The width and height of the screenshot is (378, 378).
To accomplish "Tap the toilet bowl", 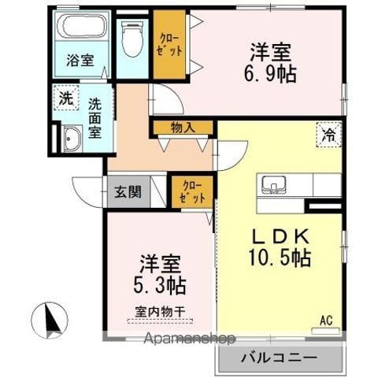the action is click(x=132, y=39).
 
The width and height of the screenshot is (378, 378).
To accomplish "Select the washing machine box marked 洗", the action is click(x=65, y=98).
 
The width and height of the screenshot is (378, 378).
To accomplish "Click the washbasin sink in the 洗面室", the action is click(x=72, y=139).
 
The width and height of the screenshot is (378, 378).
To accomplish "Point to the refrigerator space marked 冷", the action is click(x=329, y=135).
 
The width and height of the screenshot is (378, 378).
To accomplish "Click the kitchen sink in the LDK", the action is click(x=274, y=185).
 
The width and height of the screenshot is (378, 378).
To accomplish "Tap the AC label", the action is click(x=326, y=321).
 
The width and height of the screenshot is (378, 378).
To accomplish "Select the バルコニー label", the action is click(x=280, y=358).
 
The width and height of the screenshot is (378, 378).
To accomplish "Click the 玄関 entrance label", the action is click(x=128, y=192).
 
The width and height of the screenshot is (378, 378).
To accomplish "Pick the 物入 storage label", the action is click(x=183, y=128).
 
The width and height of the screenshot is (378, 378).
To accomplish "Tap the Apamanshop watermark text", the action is click(x=190, y=339).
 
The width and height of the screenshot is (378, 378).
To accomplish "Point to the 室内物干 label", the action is click(x=161, y=312).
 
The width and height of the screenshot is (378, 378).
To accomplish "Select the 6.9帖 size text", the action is click(x=270, y=73).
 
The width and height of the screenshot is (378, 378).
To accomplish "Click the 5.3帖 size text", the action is click(x=160, y=285).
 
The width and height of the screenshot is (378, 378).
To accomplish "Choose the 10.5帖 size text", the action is click(x=280, y=258).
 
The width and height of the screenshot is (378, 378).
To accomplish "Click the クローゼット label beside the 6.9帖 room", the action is click(x=169, y=45).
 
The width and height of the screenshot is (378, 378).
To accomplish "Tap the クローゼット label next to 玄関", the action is click(x=192, y=192).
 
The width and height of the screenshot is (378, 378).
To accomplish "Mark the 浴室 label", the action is click(x=80, y=60).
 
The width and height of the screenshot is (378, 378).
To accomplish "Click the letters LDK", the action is click(x=280, y=236).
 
